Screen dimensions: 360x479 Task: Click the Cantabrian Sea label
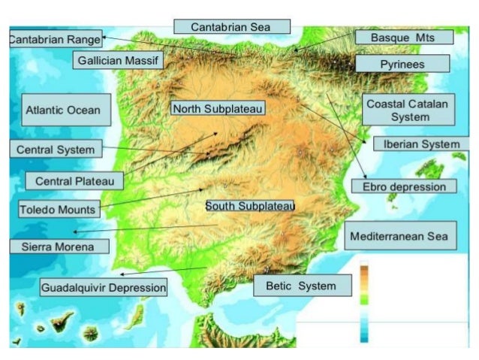tap(231, 26)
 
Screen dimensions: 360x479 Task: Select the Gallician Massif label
tap(119, 60)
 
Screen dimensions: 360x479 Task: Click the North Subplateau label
tap(218, 109)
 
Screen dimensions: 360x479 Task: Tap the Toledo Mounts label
tap(57, 209)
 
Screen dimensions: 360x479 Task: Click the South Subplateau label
tap(250, 205)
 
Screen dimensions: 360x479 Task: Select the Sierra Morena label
tap(59, 246)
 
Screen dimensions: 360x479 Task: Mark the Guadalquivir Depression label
tap(104, 287)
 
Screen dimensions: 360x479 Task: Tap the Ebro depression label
tap(404, 186)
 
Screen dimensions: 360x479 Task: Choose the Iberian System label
tap(421, 144)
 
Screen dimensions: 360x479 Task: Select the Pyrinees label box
tap(402, 64)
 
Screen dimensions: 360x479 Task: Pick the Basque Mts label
tap(402, 37)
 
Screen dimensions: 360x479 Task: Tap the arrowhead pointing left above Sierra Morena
tap(75, 232)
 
